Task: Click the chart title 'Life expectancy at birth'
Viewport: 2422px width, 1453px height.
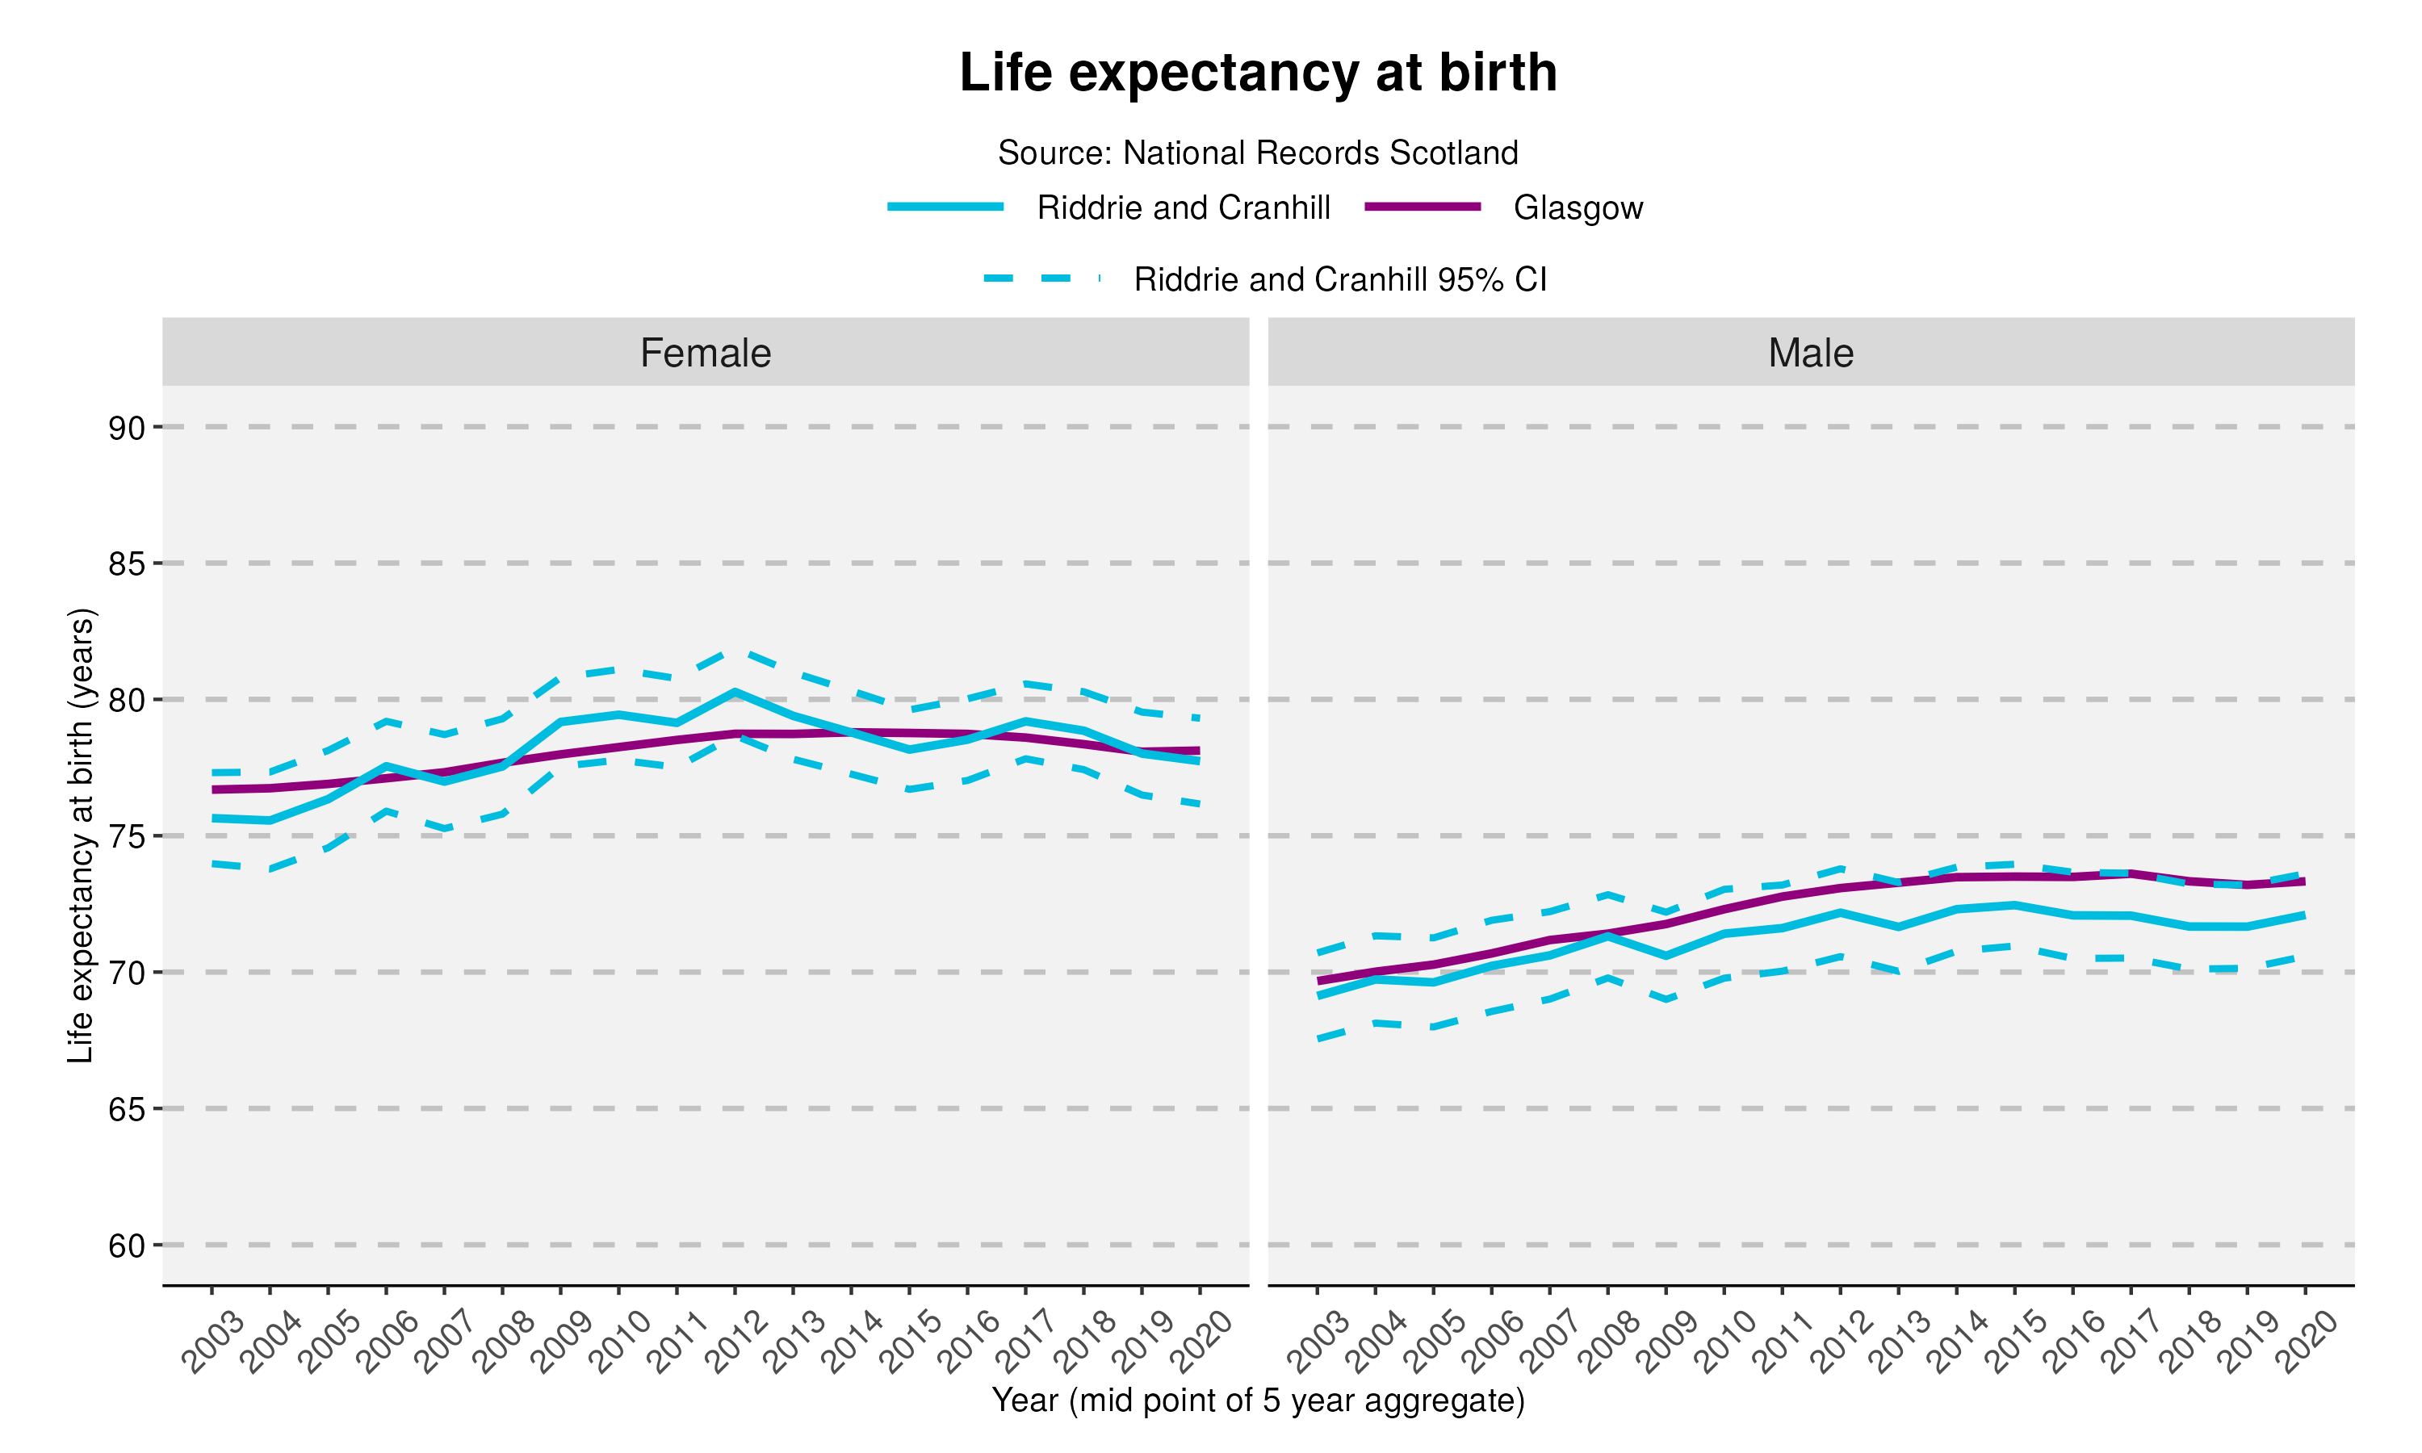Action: pos(1258,73)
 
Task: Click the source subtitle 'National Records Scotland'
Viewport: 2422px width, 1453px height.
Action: pos(1320,153)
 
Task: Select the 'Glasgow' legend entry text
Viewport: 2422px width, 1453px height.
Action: pos(1578,207)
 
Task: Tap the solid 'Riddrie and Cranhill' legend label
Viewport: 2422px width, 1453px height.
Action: pos(1183,207)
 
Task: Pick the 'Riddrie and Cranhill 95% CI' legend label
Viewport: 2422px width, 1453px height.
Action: pos(1339,280)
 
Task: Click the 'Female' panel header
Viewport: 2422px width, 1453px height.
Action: pos(705,353)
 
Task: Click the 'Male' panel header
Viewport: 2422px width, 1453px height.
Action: pos(1810,353)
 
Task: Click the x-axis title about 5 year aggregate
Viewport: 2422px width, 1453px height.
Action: pos(1258,1401)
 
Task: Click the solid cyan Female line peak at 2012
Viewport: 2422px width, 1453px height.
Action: pos(734,693)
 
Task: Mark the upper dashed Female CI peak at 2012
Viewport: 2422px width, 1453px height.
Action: pos(734,649)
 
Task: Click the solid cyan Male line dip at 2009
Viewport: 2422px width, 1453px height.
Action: pos(1666,956)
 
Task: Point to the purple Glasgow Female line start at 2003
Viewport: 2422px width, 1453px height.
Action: pos(212,789)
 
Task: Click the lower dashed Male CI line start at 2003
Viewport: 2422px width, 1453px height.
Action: pos(1318,1039)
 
